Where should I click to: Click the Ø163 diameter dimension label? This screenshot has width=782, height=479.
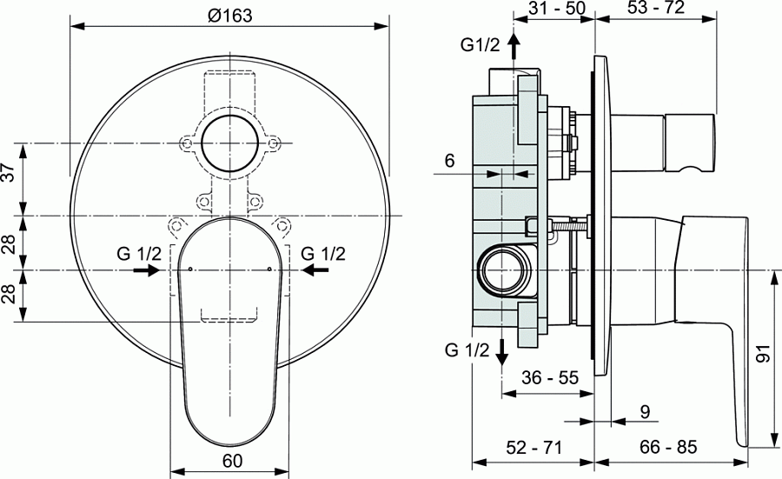(x=229, y=16)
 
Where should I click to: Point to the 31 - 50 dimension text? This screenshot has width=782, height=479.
(x=549, y=9)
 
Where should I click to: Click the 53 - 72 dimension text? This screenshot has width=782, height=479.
(x=655, y=9)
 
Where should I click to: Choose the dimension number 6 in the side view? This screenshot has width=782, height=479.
(x=449, y=161)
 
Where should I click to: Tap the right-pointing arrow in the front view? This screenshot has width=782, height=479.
(x=145, y=270)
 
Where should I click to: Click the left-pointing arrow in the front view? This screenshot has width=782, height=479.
(x=315, y=270)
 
